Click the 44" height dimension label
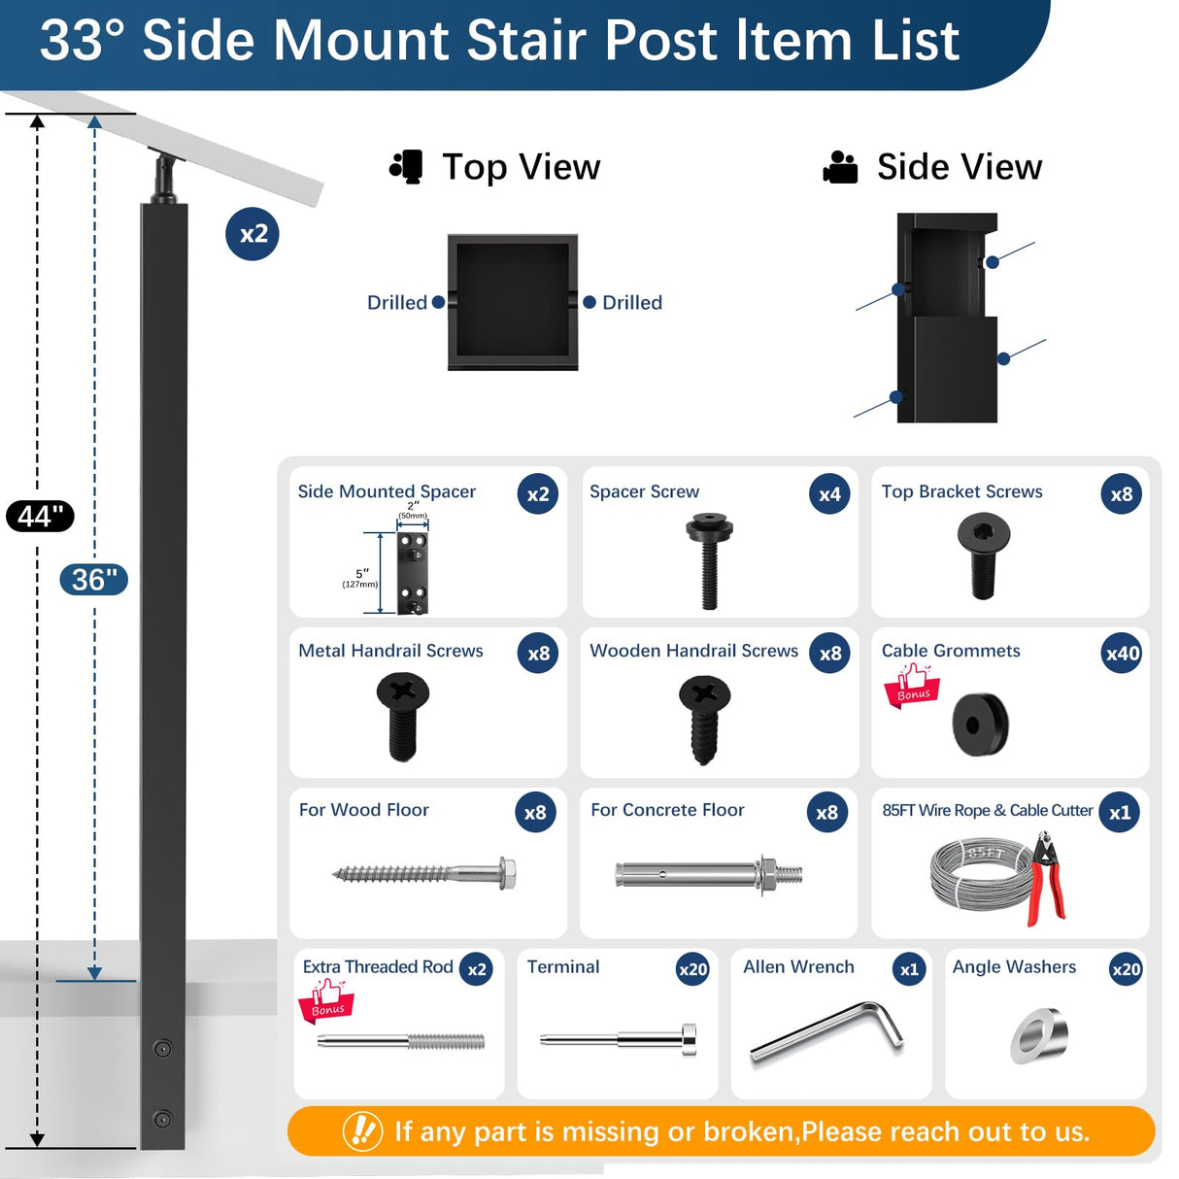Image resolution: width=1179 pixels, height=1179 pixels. pos(40,516)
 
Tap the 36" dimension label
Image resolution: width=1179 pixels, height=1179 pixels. pos(93,580)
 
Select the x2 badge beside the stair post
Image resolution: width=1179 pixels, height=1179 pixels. pos(253,234)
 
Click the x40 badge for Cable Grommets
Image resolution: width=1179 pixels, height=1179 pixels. pos(1122,654)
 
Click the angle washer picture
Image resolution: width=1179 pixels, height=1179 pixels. pos(1040,1035)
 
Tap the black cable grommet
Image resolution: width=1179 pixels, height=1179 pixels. pos(981,724)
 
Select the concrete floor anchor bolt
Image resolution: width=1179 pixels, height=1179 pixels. pos(709,874)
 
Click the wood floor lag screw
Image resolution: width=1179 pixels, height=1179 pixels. pos(424,873)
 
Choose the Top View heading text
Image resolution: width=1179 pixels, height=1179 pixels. pos(521,167)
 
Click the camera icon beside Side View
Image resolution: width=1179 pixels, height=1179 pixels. pos(840,167)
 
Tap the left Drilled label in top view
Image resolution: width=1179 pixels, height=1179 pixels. pos(396,303)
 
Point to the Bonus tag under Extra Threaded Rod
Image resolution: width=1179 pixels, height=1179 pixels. pos(326,1001)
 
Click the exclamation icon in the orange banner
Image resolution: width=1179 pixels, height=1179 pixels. pos(362,1130)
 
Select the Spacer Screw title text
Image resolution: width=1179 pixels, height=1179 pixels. pos(644,491)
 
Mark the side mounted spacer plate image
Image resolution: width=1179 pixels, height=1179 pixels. pos(413,572)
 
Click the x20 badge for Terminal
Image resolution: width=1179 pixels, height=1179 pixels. pos(692,969)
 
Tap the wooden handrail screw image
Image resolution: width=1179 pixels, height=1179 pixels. pos(704,720)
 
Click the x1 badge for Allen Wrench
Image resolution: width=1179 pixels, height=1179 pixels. pos(909,969)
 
